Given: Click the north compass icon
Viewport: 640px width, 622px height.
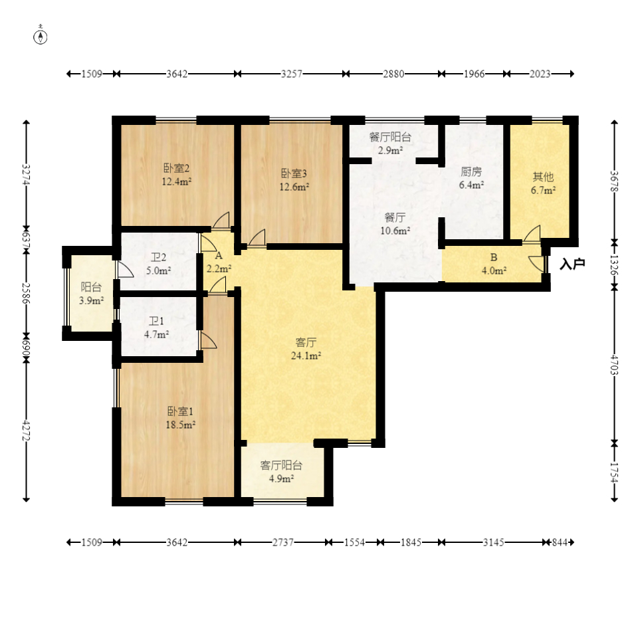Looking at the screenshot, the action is click(41, 36).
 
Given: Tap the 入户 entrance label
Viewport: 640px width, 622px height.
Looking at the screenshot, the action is click(572, 264).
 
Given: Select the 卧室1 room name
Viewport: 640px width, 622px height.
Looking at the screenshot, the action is click(180, 411).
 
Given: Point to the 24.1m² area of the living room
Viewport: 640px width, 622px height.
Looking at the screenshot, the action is click(306, 356).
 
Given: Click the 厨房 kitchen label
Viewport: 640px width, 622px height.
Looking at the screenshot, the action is click(471, 172).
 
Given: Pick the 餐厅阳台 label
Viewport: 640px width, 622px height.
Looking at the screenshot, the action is click(390, 137).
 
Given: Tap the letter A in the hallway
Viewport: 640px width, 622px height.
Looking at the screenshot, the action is click(219, 256).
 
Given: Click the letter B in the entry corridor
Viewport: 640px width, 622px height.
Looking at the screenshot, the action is click(494, 258).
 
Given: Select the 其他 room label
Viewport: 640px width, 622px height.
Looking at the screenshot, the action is click(543, 177).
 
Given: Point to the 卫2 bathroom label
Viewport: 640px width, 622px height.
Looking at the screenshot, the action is click(158, 258).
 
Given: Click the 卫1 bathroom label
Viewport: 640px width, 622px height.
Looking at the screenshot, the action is click(156, 322).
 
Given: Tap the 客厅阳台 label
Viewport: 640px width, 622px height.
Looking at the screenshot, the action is click(281, 465).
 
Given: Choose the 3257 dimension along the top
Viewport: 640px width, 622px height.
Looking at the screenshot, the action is click(292, 74).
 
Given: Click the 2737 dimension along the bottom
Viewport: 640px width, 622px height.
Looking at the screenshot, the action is click(283, 542).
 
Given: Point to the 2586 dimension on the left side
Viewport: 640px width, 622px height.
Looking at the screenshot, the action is click(26, 293).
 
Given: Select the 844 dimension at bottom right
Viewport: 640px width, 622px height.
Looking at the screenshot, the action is click(560, 542).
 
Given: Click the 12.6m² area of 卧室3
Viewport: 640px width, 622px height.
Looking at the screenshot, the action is click(294, 187).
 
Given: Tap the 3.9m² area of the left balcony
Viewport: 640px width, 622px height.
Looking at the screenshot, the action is click(91, 301).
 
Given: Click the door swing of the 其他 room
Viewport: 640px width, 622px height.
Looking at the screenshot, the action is click(532, 233).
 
